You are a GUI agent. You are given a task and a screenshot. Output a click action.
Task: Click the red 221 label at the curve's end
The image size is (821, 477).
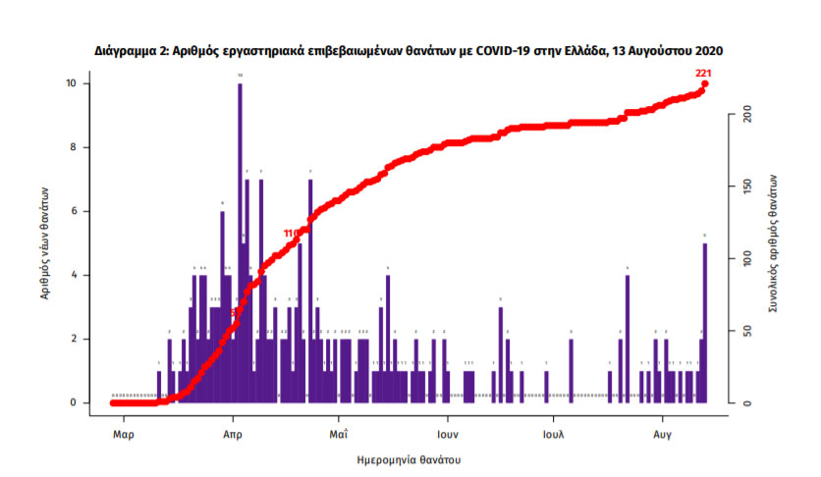(703, 74)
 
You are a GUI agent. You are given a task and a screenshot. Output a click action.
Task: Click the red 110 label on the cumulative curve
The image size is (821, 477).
(291, 234)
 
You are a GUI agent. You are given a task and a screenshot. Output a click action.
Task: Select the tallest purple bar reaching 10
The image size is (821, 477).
(240, 236)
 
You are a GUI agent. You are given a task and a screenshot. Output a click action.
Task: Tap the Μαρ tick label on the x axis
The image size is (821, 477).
(123, 432)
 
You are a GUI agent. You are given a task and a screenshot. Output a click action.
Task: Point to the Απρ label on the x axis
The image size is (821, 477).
(232, 432)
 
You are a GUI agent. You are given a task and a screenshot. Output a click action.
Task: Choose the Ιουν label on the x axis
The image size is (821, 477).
(449, 432)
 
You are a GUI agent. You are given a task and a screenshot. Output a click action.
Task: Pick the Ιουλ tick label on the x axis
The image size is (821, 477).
(553, 432)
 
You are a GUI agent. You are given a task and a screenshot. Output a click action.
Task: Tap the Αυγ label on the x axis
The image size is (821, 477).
(662, 432)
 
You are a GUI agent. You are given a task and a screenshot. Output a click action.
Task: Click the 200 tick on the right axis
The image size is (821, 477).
(746, 115)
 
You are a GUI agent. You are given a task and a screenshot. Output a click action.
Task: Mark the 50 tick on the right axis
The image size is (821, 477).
(746, 331)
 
